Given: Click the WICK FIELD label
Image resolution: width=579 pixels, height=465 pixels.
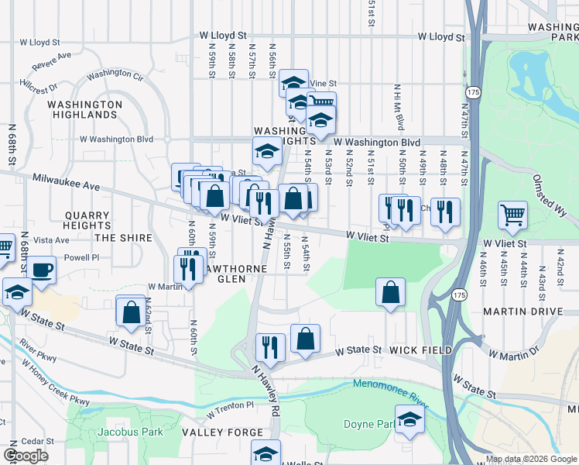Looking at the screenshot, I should pos(421,350).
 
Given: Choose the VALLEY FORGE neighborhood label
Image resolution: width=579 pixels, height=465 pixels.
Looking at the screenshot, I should pos(213,432).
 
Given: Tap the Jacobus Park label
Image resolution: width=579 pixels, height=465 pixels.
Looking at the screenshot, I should pos(130,431).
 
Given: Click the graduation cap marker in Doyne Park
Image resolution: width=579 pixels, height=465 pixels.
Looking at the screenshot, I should pos(409,421).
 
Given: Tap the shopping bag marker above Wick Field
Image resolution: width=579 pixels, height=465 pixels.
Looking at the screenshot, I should pos(391,293).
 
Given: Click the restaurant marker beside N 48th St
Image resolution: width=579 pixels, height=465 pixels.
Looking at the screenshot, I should pos(445,211).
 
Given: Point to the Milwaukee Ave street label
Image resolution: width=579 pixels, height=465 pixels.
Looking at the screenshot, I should pos(67,183).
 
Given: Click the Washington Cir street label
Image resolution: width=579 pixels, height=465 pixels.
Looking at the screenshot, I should pos(115,76).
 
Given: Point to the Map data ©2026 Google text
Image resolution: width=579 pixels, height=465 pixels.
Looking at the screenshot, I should pos(531,459).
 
